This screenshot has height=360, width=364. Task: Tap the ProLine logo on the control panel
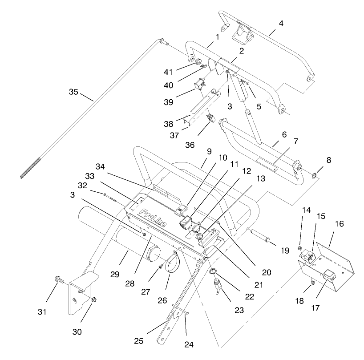tap(152, 218)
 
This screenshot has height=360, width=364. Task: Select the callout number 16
tap(339, 224)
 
